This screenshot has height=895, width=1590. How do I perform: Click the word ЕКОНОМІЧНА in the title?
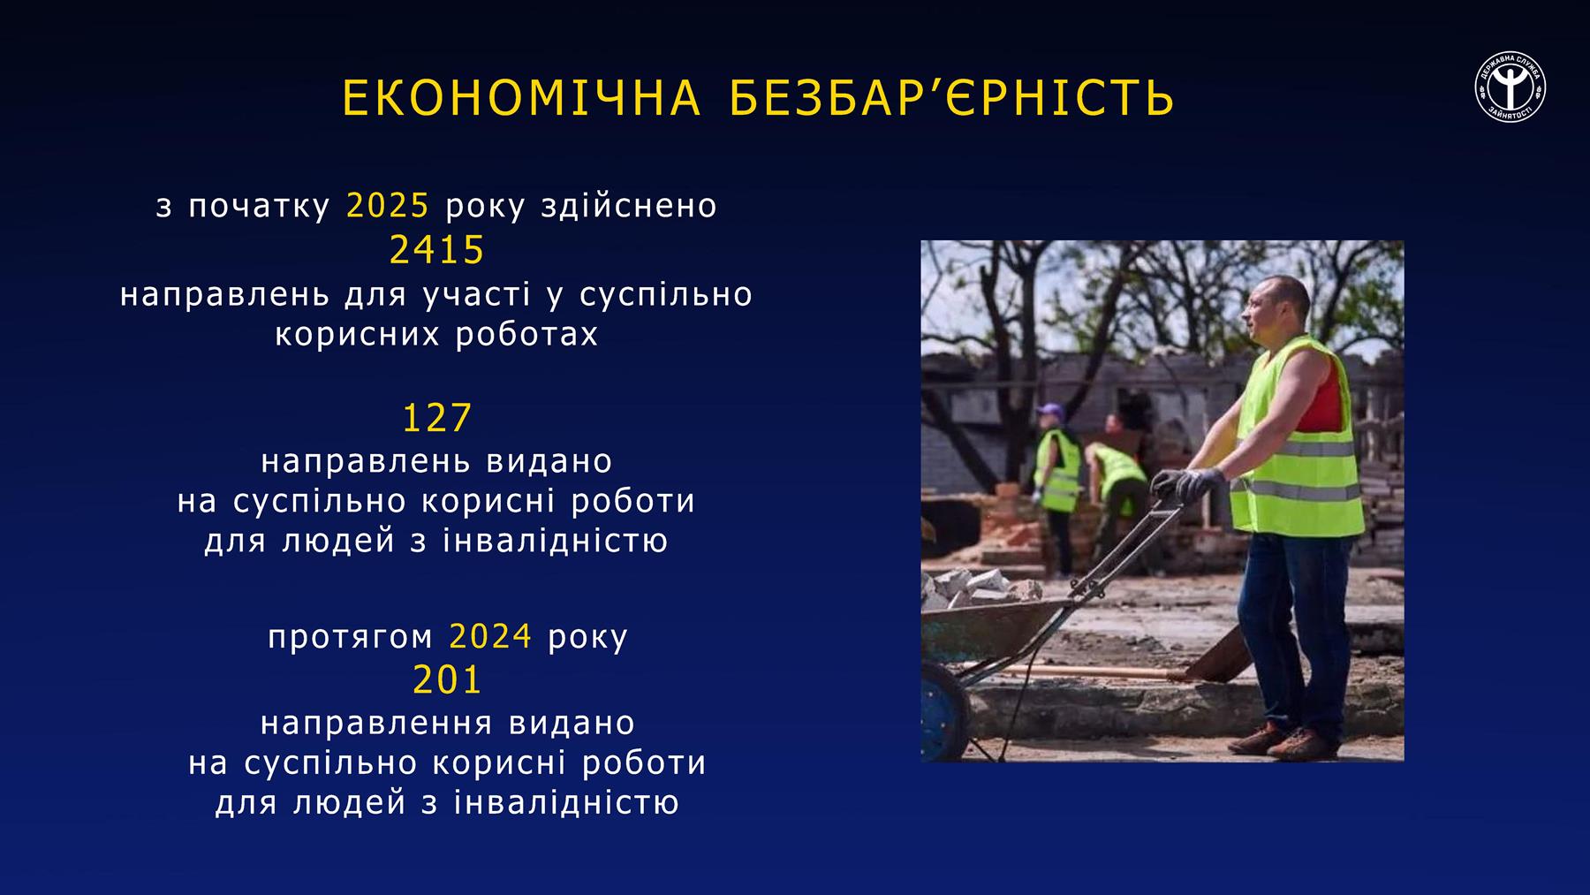click(x=521, y=98)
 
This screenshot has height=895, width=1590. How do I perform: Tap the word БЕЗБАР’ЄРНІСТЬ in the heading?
click(x=953, y=98)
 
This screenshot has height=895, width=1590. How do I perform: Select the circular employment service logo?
click(x=1510, y=87)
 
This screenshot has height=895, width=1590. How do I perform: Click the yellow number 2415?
click(x=437, y=250)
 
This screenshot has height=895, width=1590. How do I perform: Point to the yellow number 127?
click(x=437, y=418)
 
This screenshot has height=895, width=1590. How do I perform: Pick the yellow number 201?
click(x=447, y=679)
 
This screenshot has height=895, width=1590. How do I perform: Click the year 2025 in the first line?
click(x=388, y=205)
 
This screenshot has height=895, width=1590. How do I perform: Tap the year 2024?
click(x=490, y=635)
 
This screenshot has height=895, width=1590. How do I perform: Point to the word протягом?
click(x=351, y=637)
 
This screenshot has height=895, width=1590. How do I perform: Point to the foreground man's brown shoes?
click(x=1283, y=741)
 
